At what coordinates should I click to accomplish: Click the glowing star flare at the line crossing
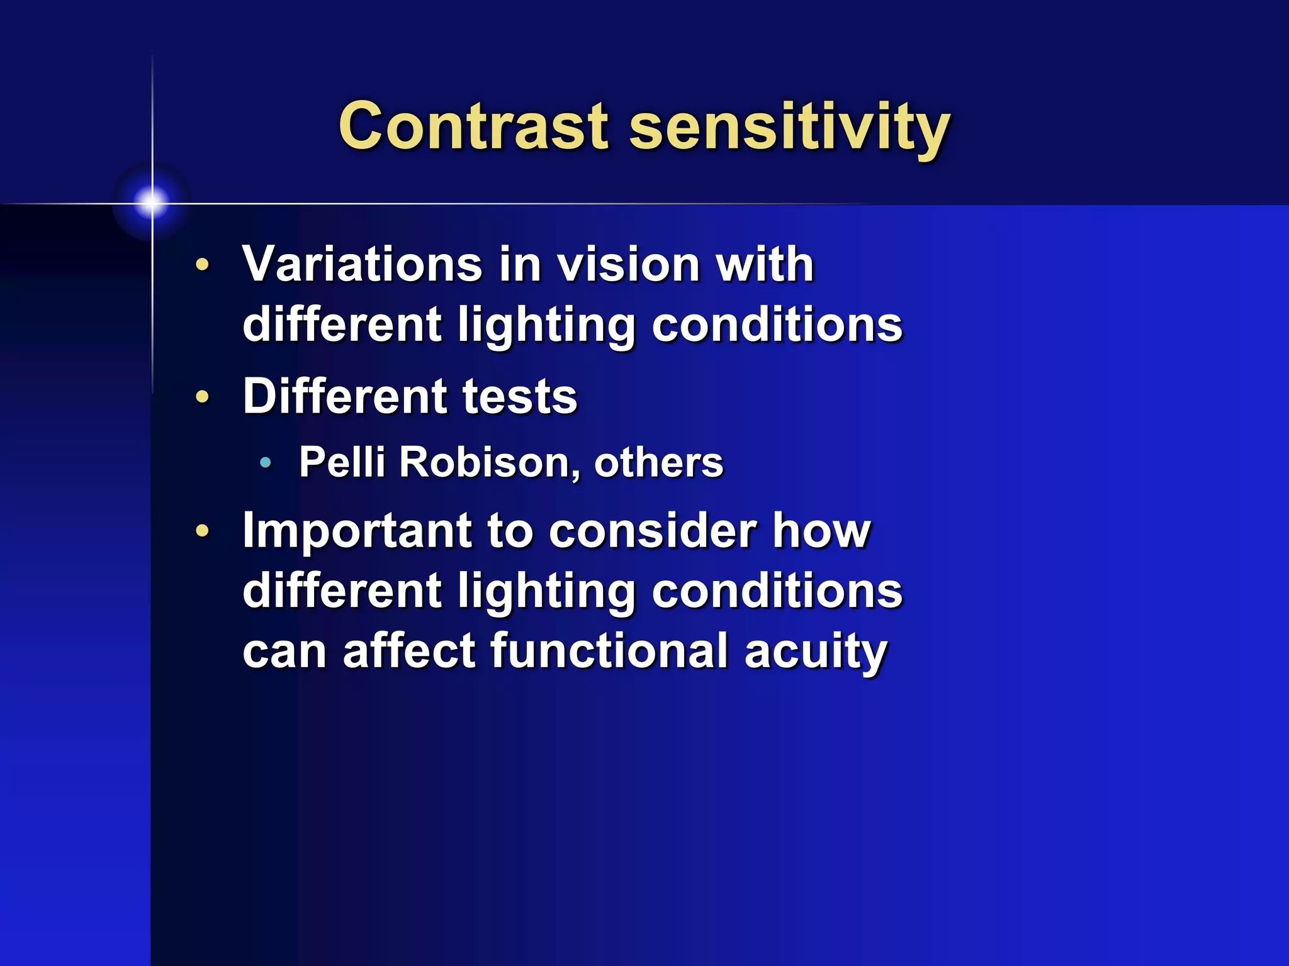point(152,203)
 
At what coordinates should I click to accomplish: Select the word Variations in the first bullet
point(363,264)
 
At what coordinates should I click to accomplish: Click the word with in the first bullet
point(765,264)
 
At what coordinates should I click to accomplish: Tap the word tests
point(520,397)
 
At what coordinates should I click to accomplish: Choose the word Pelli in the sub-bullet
point(342,462)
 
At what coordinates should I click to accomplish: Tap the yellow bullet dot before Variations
point(202,265)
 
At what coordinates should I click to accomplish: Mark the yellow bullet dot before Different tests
point(202,397)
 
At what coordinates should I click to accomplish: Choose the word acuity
point(816,652)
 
